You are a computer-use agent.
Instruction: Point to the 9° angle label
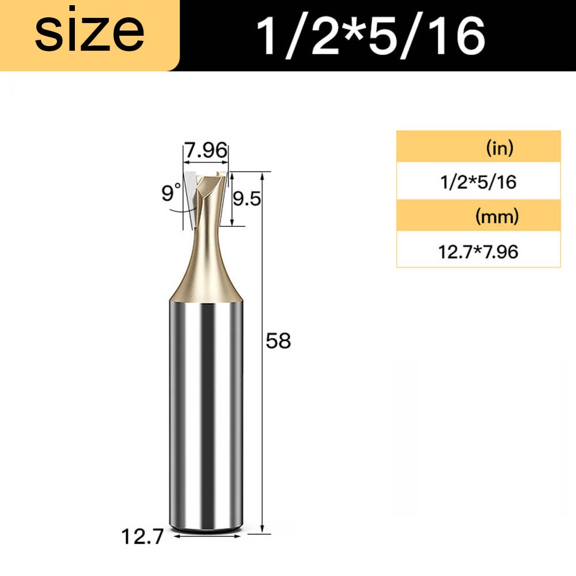171,192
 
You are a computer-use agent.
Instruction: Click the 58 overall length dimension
278,342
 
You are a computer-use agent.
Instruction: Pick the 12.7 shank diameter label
142,537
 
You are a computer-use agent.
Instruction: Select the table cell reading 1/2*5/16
478,182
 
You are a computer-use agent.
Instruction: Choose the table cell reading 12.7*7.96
478,251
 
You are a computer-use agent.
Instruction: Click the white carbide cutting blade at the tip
191,193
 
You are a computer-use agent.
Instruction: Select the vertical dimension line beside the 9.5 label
233,199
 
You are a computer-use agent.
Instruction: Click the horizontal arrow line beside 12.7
206,537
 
